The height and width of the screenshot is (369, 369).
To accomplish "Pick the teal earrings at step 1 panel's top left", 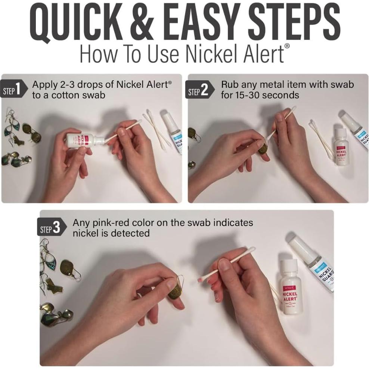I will tap(12, 125).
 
